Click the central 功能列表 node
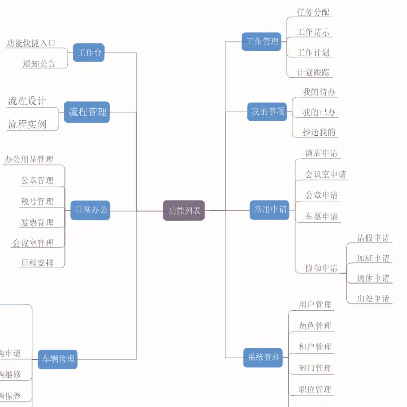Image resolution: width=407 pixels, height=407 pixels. (x=184, y=210)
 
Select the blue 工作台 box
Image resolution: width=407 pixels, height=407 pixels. (x=89, y=52)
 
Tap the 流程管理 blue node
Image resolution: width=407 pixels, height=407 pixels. (x=87, y=112)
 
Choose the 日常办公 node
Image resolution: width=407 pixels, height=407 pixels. (x=90, y=210)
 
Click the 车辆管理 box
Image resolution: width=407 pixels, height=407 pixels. (x=58, y=359)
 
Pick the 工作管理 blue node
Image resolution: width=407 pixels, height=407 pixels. (x=261, y=42)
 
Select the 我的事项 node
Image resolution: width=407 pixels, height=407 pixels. (x=267, y=112)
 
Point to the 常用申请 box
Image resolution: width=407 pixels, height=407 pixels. (x=269, y=210)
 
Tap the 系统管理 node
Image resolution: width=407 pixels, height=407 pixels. (x=263, y=357)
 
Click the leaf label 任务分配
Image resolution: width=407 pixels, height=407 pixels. (x=313, y=12)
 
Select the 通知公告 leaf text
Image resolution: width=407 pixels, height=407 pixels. (x=39, y=64)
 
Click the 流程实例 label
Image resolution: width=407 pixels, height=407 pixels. (x=27, y=125)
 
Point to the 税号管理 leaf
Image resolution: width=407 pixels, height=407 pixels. (x=37, y=201)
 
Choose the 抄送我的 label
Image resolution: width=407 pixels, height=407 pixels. (x=319, y=132)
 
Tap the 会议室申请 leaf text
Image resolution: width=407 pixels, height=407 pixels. (x=325, y=175)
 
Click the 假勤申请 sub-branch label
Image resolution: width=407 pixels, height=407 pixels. (x=321, y=268)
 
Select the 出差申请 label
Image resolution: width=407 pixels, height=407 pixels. (x=373, y=299)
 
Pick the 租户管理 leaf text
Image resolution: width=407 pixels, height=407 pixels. (x=315, y=347)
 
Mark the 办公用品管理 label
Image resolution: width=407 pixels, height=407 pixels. (x=29, y=159)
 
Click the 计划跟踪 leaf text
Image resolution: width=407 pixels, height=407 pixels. (x=313, y=72)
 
